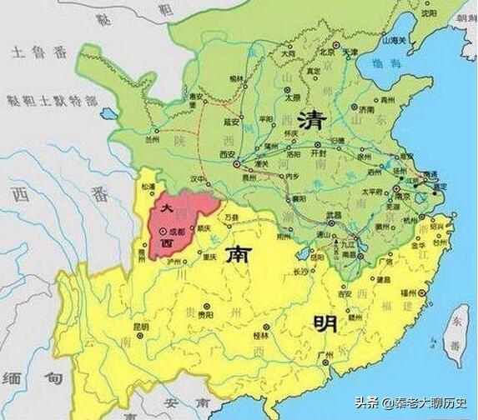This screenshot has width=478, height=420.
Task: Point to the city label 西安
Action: click(x=227, y=155)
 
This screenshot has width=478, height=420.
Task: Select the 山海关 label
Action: click(x=393, y=39)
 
